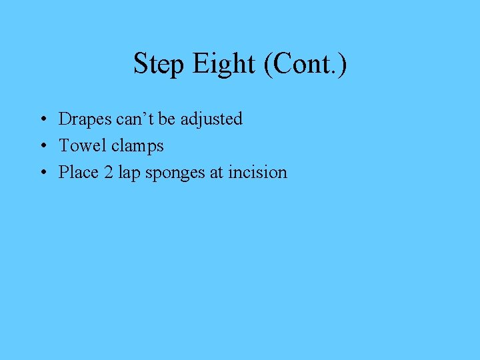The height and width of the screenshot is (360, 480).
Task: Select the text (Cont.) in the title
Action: click(305, 65)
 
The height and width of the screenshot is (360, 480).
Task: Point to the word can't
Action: click(136, 119)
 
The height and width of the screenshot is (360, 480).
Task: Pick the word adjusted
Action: click(211, 120)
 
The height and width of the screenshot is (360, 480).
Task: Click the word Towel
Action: click(82, 145)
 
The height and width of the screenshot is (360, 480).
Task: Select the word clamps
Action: click(137, 146)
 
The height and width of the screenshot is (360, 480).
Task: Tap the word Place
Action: click(77, 172)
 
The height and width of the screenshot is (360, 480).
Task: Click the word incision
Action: click(257, 172)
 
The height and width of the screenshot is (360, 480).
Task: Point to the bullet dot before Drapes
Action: click(42, 120)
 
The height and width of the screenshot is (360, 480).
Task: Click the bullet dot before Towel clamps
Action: click(42, 146)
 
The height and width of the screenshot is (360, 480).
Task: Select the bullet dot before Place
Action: click(42, 173)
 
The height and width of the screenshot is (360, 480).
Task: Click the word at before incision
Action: click(217, 172)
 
